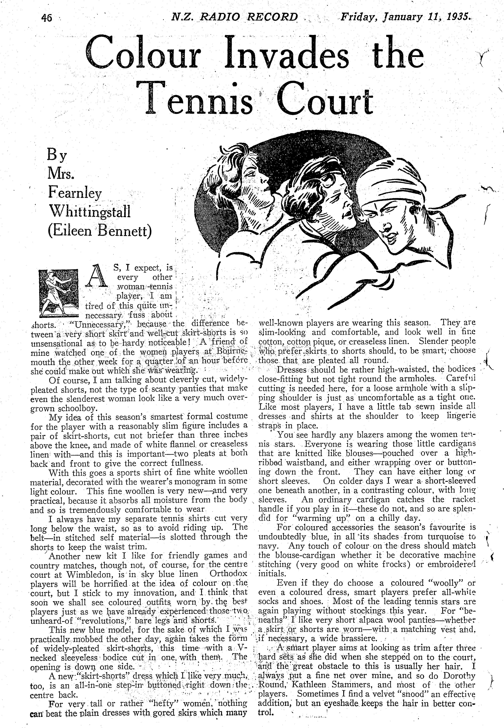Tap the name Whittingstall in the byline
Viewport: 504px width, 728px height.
[x=89, y=211]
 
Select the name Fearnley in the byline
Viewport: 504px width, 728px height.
[x=75, y=192]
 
